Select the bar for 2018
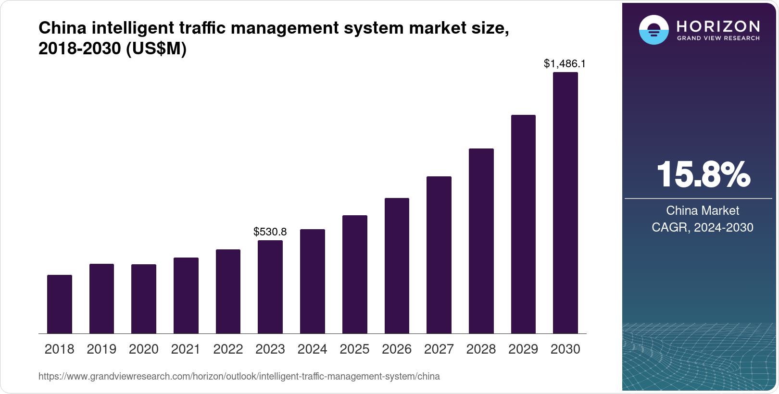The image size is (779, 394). [60, 304]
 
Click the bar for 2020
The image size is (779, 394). [144, 299]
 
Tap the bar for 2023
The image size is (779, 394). [270, 287]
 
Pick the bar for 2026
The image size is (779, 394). [397, 266]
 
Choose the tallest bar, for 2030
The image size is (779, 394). [565, 203]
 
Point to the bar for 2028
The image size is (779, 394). [481, 241]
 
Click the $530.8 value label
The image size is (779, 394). [270, 232]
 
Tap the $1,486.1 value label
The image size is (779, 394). [565, 63]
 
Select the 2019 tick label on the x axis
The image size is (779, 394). [101, 349]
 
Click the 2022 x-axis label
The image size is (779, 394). [228, 349]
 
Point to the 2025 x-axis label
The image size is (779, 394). [354, 349]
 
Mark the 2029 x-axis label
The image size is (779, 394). [523, 349]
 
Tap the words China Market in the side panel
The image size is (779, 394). [703, 210]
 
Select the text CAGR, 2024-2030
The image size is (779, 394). [703, 227]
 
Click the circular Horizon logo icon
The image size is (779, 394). [653, 30]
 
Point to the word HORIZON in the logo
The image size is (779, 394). [718, 26]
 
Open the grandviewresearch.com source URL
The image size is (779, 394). [239, 377]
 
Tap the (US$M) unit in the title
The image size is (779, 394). [156, 49]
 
